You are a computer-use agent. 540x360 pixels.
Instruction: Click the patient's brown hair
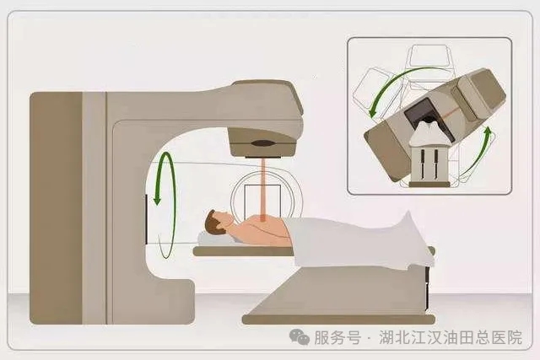(x=212, y=221)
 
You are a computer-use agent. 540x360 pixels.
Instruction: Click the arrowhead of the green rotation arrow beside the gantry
(x=157, y=200)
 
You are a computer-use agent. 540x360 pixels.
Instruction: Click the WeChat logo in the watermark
(x=300, y=336)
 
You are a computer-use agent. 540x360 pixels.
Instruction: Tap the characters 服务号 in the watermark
(x=337, y=337)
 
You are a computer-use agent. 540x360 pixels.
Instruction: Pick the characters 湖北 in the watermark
(x=393, y=337)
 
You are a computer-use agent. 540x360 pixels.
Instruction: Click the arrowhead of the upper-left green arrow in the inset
(x=372, y=112)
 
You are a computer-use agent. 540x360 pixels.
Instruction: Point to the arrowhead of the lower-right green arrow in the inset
(x=487, y=131)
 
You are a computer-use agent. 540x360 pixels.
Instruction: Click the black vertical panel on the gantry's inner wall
(x=146, y=219)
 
